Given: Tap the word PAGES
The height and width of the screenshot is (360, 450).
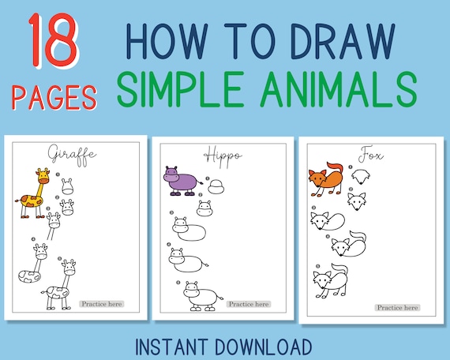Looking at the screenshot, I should click(54, 98).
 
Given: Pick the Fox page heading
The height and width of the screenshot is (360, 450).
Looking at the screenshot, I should click(366, 153).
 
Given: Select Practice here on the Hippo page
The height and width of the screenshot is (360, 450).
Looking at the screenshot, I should click(249, 303).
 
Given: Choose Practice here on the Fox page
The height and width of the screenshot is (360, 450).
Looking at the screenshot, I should click(398, 307).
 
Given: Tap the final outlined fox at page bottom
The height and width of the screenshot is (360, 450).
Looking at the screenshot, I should click(330, 282).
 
